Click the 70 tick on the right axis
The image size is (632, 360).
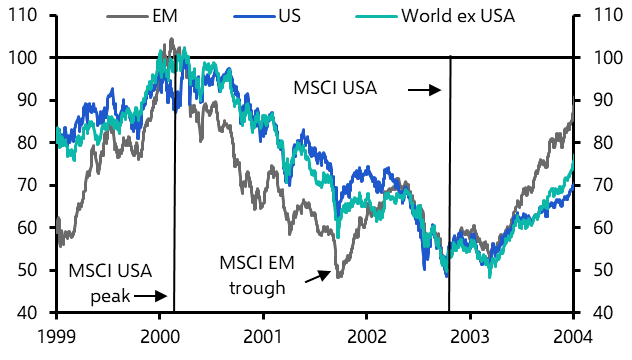(602, 185)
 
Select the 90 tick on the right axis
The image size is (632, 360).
(602, 100)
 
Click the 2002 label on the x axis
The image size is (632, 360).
(367, 335)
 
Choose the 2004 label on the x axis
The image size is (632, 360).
(573, 335)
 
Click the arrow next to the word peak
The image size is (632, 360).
(150, 296)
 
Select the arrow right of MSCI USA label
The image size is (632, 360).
(424, 89)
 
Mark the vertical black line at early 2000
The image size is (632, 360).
(175, 200)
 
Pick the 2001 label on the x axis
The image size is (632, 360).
(263, 335)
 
